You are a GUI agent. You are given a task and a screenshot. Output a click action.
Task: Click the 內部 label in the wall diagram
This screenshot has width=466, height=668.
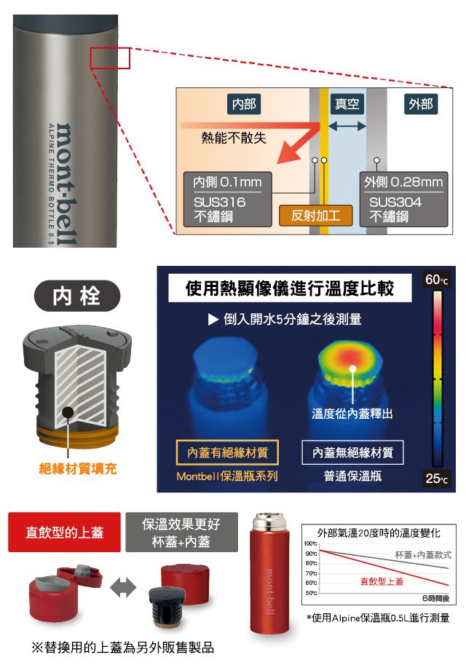click(244, 104)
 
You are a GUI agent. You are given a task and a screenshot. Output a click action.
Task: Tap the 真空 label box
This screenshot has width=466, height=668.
click(347, 104)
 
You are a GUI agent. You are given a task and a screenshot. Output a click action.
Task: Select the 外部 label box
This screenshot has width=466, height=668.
click(421, 104)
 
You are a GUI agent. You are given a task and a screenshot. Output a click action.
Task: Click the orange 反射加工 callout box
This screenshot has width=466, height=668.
click(315, 216)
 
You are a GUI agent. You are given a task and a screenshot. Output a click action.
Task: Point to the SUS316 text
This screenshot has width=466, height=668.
click(219, 202)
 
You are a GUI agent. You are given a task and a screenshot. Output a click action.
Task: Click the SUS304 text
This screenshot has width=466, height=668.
click(395, 202)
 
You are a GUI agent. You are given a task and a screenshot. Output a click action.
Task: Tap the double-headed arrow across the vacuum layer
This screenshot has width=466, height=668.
click(347, 126)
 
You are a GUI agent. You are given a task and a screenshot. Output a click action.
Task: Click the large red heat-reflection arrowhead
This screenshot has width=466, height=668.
click(290, 154)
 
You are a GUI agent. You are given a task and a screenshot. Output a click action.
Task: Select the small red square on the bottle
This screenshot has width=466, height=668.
click(110, 58)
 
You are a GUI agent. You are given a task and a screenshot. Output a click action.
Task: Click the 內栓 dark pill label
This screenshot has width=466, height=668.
click(77, 296)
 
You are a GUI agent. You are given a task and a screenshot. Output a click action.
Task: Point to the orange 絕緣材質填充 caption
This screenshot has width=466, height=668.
click(77, 468)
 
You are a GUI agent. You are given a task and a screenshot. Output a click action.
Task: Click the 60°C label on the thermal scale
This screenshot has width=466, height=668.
click(437, 280)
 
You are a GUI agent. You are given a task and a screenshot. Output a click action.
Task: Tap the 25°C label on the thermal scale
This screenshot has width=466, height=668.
click(437, 478)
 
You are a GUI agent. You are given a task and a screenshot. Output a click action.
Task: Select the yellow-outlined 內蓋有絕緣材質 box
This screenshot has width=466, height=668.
click(227, 452)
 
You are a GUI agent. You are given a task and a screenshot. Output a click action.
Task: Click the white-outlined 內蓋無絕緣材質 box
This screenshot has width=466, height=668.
click(352, 452)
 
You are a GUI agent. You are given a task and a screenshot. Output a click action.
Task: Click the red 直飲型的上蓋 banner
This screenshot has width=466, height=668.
click(64, 532)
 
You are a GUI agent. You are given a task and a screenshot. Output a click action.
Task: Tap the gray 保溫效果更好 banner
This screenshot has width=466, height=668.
click(181, 532)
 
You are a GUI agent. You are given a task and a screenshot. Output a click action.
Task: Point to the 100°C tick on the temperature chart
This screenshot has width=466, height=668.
click(310, 543)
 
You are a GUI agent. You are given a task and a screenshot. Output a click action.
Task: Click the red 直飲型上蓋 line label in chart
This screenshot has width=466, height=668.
click(382, 581)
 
